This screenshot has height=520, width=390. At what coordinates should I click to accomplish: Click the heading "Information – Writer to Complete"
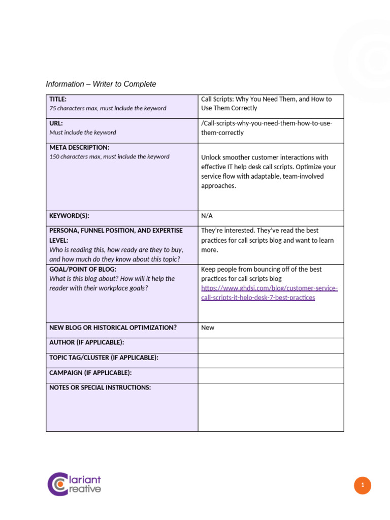pos(101,84)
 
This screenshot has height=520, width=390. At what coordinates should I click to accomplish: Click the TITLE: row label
pos(58,99)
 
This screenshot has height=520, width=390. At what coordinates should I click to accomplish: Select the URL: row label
pos(56,123)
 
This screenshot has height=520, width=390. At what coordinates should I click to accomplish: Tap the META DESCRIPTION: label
pos(79,147)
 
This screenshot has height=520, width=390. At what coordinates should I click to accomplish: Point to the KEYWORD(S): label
pos(69,216)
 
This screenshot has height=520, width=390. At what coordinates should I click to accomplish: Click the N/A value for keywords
pos(207,216)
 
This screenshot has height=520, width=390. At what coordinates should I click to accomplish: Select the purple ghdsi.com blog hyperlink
pos(269,293)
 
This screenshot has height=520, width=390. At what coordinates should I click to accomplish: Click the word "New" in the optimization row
pos(208,328)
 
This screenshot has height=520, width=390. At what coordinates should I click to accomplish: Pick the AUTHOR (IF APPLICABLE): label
pos(86,343)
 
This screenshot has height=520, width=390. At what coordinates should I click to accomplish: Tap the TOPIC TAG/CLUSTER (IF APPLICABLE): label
pos(104,357)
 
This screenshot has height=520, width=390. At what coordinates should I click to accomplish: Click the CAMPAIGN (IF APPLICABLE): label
pos(90,373)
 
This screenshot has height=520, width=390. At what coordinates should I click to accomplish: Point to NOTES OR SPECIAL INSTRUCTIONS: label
pos(100,387)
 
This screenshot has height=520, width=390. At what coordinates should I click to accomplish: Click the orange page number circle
pos(363,485)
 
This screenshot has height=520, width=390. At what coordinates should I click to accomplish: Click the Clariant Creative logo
pos(74,484)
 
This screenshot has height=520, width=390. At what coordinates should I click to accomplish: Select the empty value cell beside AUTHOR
pos(271,345)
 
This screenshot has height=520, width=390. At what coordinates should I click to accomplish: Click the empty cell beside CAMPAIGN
pos(271,375)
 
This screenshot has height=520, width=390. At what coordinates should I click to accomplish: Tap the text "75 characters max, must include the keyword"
pos(108,108)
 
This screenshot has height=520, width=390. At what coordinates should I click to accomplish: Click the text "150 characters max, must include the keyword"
pos(109,156)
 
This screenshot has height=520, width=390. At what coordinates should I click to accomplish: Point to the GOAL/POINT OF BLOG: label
pos(83,269)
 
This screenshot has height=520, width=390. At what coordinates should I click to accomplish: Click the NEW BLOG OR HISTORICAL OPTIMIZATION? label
pos(113,328)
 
